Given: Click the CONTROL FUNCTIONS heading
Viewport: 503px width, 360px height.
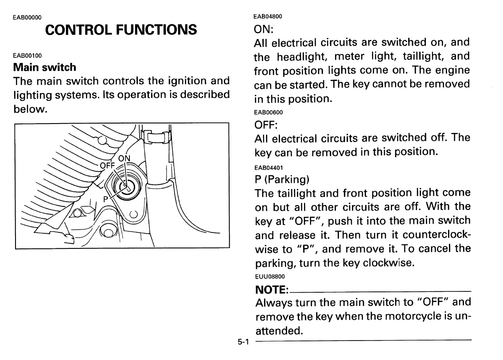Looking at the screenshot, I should click(x=121, y=30).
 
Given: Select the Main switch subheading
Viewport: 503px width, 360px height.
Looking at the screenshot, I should click(x=45, y=68).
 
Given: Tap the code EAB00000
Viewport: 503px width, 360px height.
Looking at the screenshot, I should click(x=27, y=18).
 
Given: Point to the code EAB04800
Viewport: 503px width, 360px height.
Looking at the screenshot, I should click(x=268, y=16).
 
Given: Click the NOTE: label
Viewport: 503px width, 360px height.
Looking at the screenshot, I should click(x=272, y=290).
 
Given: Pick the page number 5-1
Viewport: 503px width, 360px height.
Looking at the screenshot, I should click(x=244, y=342).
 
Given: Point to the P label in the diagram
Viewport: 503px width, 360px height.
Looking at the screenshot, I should click(x=106, y=199).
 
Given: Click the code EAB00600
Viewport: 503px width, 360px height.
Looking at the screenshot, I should click(x=269, y=112).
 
